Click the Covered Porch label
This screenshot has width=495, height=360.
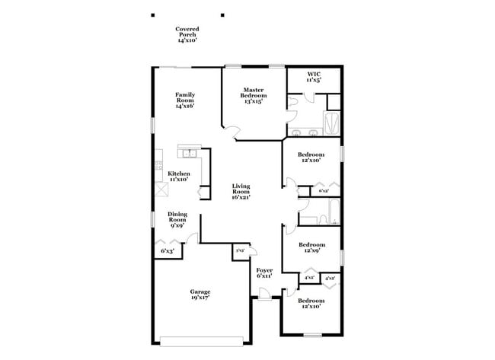pyautogui.click(x=187, y=34)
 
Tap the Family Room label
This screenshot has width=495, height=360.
pyautogui.click(x=185, y=100)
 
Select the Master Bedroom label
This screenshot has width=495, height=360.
pyautogui.click(x=253, y=94)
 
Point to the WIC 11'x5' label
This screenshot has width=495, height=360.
pyautogui.click(x=314, y=77)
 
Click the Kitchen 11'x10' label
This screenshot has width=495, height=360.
pyautogui.click(x=178, y=177)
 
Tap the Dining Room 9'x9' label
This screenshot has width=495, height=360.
pyautogui.click(x=177, y=219)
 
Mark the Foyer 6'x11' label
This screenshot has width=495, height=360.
pyautogui.click(x=264, y=273)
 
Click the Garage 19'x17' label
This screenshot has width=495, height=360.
pyautogui.click(x=200, y=295)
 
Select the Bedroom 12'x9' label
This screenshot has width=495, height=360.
pyautogui.click(x=312, y=248)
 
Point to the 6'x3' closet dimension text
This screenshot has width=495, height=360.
pyautogui.click(x=168, y=250)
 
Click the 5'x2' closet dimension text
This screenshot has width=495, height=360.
pyautogui.click(x=240, y=250)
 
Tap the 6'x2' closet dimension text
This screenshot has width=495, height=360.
pyautogui.click(x=324, y=191)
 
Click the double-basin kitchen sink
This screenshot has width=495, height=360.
pyautogui.click(x=188, y=156)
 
